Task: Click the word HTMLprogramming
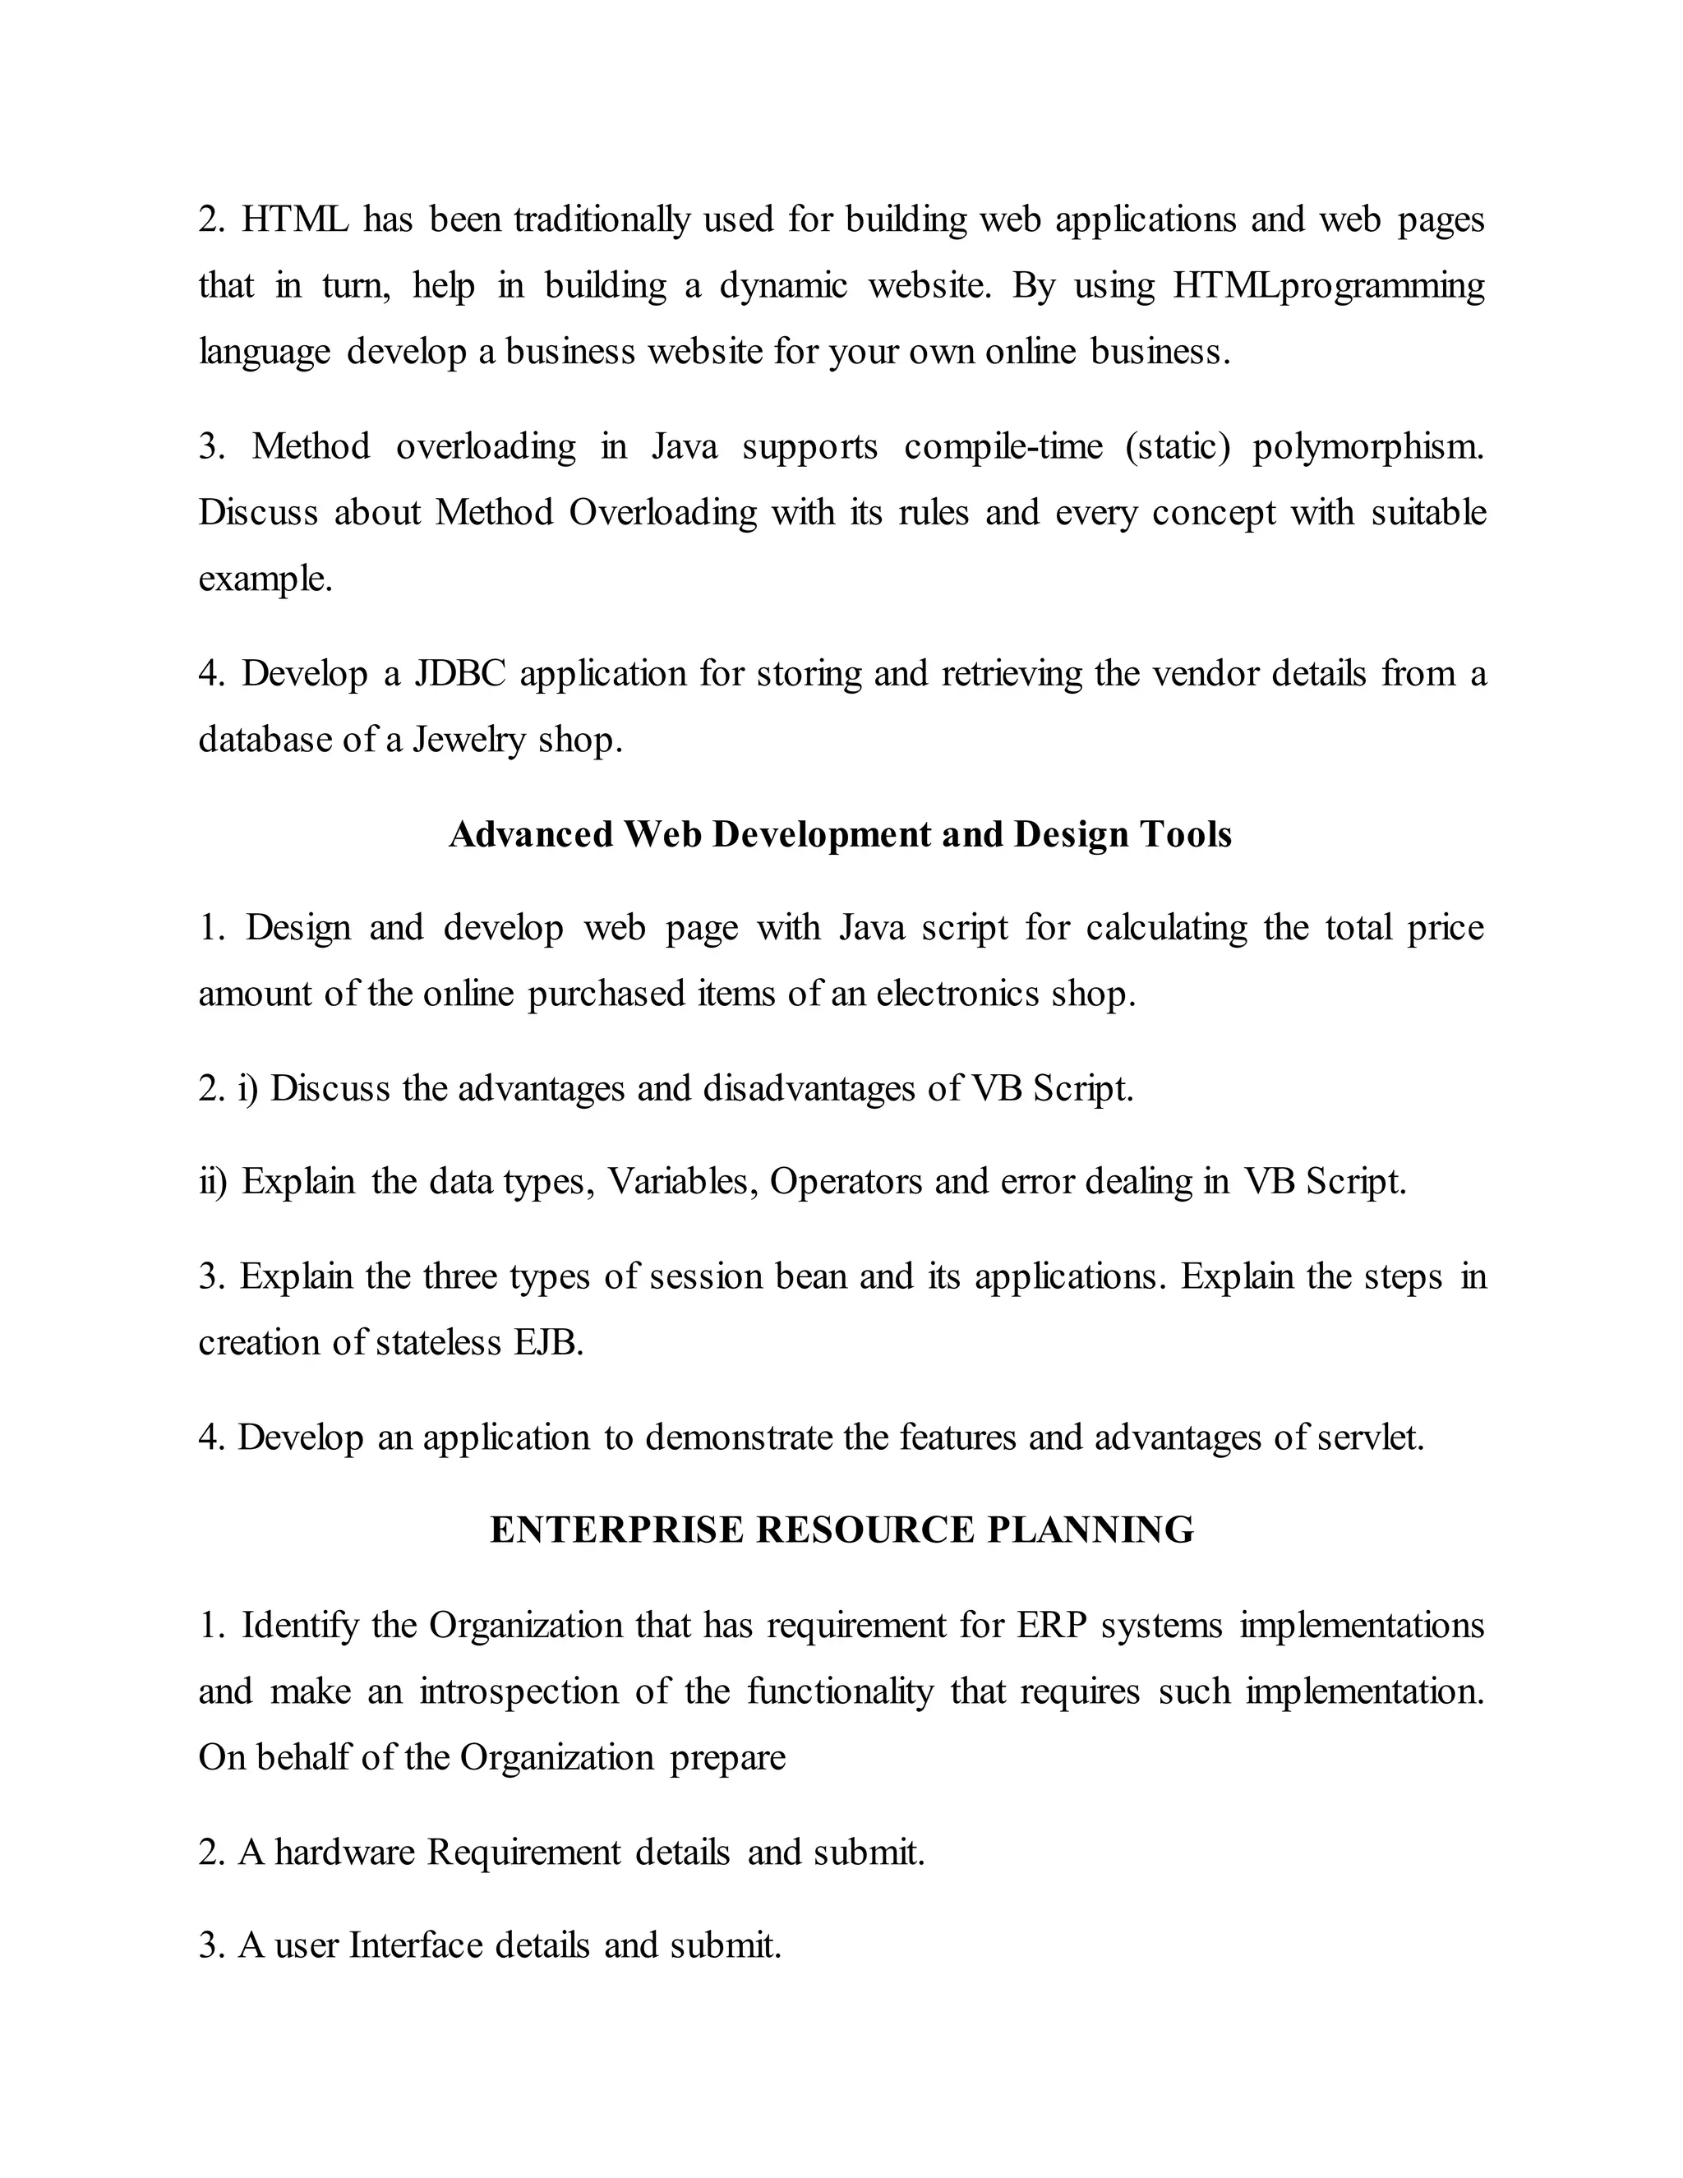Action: [1328, 286]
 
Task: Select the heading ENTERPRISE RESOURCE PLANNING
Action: [841, 1530]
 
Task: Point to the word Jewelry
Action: [468, 740]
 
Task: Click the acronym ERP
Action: [1052, 1626]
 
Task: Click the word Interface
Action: [415, 1945]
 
